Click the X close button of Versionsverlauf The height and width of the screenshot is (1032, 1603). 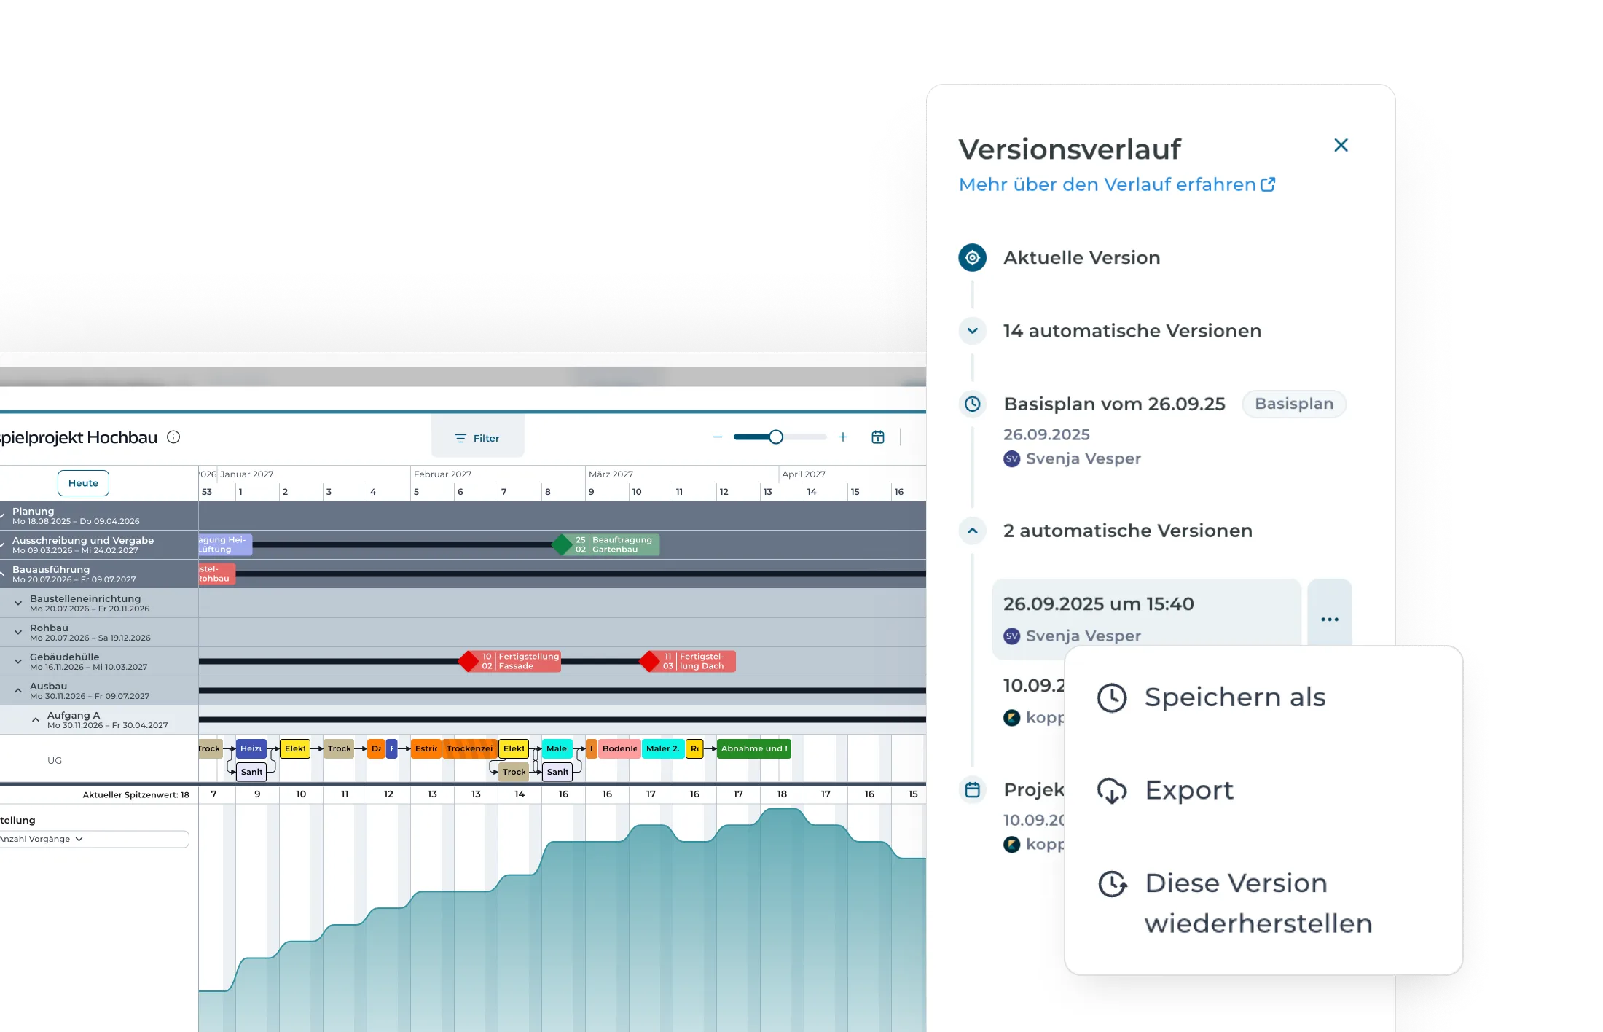pyautogui.click(x=1341, y=146)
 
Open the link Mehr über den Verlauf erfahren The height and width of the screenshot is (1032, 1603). pyautogui.click(x=1116, y=185)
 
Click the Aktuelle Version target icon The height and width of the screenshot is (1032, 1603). pyautogui.click(x=972, y=258)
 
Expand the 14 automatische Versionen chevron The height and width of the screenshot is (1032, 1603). pyautogui.click(x=972, y=331)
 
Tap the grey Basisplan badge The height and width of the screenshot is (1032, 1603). pyautogui.click(x=1293, y=404)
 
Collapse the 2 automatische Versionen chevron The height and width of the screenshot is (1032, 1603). pyautogui.click(x=972, y=531)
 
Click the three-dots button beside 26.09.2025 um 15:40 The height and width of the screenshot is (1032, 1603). pyautogui.click(x=1329, y=619)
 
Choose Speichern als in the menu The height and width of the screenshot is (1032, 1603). pyautogui.click(x=1234, y=697)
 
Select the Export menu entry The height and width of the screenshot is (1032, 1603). pyautogui.click(x=1188, y=791)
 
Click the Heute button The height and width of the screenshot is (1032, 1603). pyautogui.click(x=83, y=483)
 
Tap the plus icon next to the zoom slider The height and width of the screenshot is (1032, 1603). pyautogui.click(x=843, y=437)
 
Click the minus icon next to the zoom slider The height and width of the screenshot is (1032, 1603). pyautogui.click(x=718, y=437)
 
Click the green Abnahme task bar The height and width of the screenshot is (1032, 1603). pyautogui.click(x=753, y=748)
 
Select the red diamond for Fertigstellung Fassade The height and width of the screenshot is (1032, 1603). pyautogui.click(x=469, y=662)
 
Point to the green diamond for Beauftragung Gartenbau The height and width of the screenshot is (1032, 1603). pyautogui.click(x=562, y=544)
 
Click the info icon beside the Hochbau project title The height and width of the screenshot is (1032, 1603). pyautogui.click(x=173, y=437)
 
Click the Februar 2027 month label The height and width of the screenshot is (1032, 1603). pyautogui.click(x=442, y=474)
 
